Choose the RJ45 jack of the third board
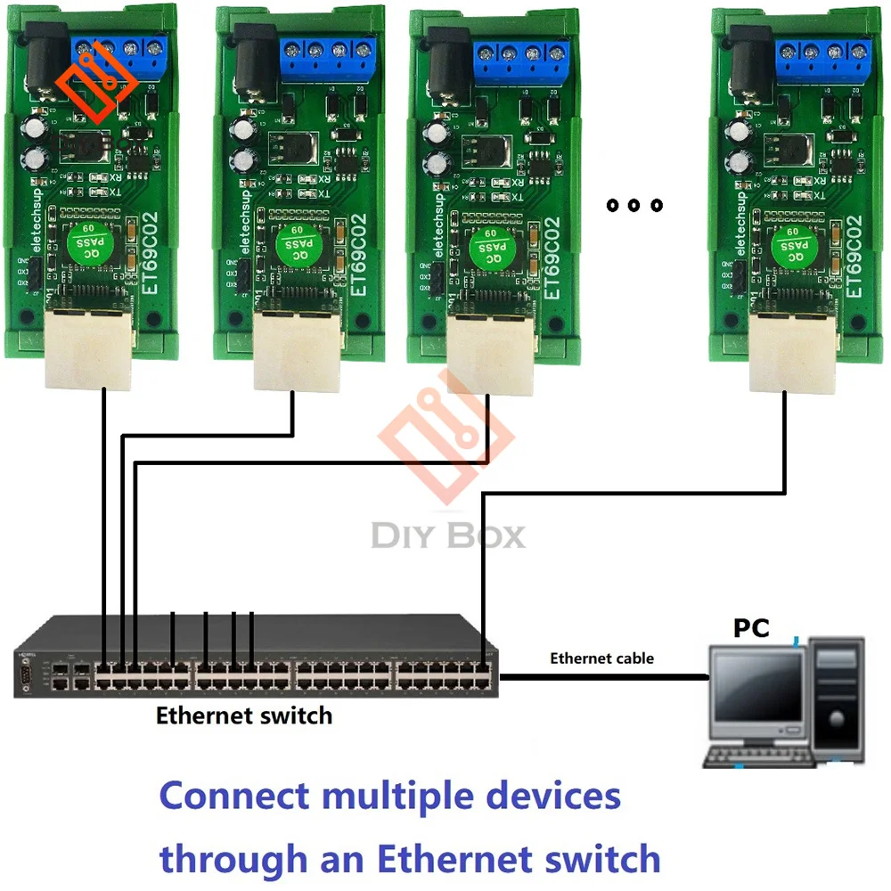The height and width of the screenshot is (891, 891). pos(489,356)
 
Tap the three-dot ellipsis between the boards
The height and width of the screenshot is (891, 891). pos(634,206)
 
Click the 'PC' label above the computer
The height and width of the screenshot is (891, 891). pos(751,627)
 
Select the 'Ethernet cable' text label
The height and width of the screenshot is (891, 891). pos(601,658)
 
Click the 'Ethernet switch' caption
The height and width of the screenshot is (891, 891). pos(243,715)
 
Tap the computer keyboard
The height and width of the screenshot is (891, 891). pos(757,756)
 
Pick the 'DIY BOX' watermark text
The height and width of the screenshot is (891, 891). pos(447,535)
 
